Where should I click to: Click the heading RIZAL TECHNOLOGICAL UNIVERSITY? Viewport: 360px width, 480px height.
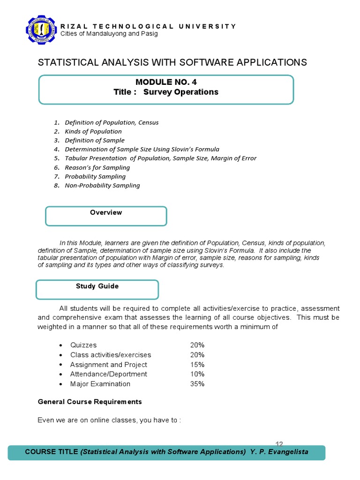149,26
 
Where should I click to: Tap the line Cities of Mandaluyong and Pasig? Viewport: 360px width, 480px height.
109,34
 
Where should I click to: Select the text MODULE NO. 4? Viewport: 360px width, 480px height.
166,82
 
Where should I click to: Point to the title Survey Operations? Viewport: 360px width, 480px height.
180,92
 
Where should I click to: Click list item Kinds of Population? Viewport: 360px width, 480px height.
93,131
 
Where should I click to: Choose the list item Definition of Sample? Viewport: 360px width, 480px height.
95,140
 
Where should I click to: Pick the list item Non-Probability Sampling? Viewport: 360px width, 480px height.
102,185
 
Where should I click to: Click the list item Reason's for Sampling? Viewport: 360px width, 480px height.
97,167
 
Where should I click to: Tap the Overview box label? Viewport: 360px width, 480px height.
106,212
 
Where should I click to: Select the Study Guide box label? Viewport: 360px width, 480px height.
97,286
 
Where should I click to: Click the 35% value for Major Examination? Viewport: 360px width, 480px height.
197,384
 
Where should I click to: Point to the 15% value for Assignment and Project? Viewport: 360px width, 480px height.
197,365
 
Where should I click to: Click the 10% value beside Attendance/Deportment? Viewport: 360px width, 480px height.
197,374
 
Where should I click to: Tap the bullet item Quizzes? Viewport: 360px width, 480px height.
83,345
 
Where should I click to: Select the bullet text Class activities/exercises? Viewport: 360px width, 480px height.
111,355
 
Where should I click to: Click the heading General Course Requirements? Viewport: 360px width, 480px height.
90,402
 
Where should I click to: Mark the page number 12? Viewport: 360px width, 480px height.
279,443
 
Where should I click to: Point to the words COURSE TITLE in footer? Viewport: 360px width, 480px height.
52,452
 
